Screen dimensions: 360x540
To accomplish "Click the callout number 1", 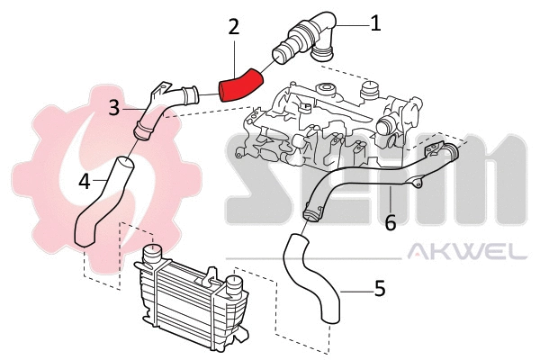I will coord(375,22).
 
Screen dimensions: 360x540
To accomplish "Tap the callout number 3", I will coord(114,108).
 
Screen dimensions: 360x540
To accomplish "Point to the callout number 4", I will coord(84,181).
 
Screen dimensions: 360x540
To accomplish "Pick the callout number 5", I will coord(380,289).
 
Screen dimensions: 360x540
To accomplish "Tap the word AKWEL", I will coord(467,254).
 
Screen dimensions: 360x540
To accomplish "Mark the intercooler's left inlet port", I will coord(151,255).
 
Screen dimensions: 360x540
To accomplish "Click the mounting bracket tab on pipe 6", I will coord(415,184).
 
